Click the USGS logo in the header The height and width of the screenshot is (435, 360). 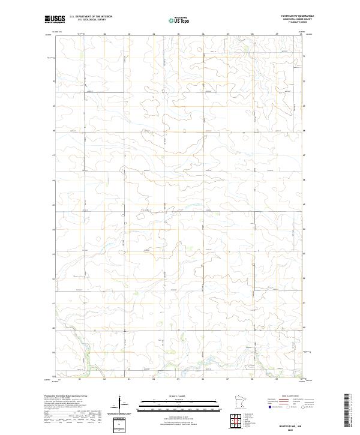pyautogui.click(x=55, y=19)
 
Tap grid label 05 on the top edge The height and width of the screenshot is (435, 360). pyautogui.click(x=178, y=34)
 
